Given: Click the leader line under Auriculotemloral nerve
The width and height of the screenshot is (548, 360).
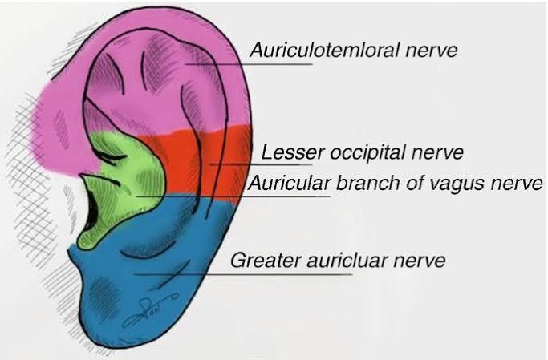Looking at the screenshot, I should [249, 65].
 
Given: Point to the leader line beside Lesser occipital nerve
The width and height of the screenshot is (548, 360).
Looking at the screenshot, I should [233, 164].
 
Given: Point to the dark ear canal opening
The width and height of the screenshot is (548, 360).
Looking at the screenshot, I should [93, 212].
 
